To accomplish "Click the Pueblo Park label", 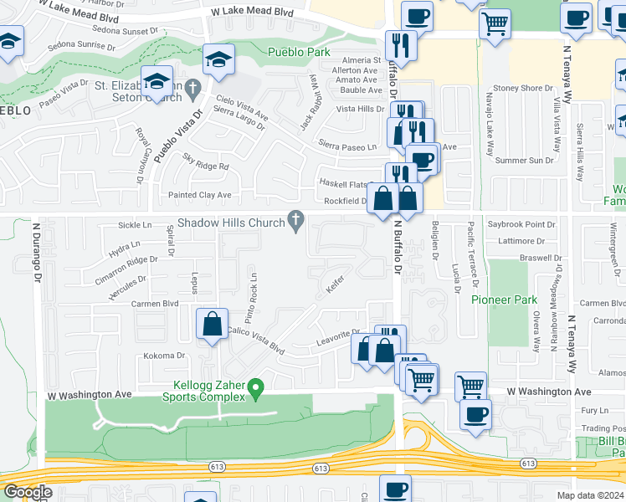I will (x=298, y=52).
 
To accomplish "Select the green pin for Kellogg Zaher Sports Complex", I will (x=258, y=387).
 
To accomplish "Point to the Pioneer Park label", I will (x=503, y=299).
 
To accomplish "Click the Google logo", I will (x=27, y=492).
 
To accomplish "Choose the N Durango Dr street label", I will (x=38, y=252).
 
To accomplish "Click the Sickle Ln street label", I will (x=136, y=225).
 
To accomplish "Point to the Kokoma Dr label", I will (x=163, y=356).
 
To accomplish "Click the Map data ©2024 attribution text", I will (x=590, y=495).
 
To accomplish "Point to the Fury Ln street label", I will (x=593, y=410).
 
